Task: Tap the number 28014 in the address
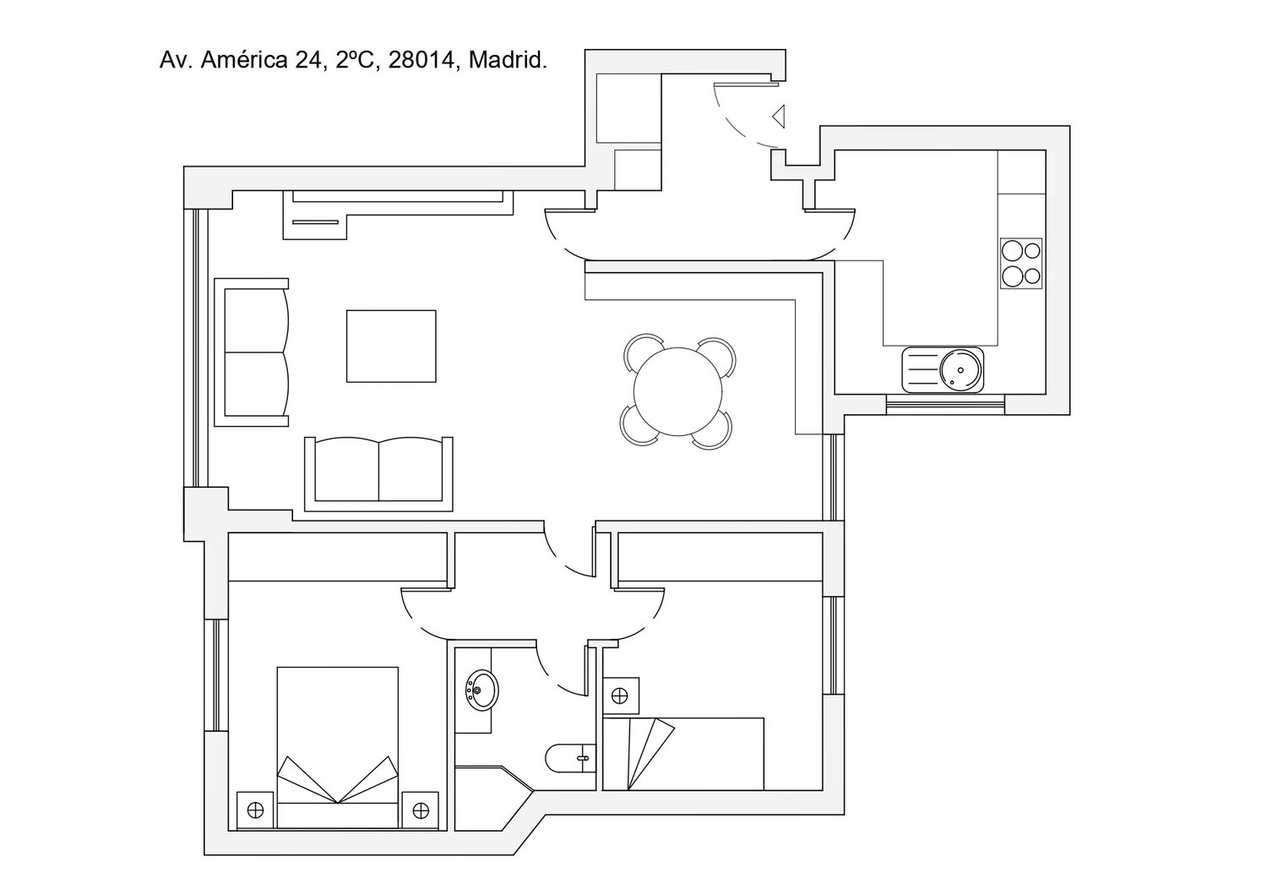pyautogui.click(x=421, y=60)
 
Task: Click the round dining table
pyautogui.click(x=677, y=392)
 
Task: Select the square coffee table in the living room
pyautogui.click(x=391, y=346)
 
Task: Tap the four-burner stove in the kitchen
pyautogui.click(x=1021, y=263)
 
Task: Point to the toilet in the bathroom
pyautogui.click(x=571, y=758)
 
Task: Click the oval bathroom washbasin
pyautogui.click(x=482, y=690)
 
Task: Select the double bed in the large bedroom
pyautogui.click(x=338, y=748)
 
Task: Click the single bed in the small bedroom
pyautogui.click(x=683, y=754)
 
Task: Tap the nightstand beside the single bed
pyautogui.click(x=621, y=696)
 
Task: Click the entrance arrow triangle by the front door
pyautogui.click(x=779, y=117)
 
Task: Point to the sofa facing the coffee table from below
pyautogui.click(x=378, y=474)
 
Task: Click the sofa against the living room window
pyautogui.click(x=252, y=352)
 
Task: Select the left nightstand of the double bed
pyautogui.click(x=255, y=810)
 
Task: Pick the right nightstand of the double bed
pyautogui.click(x=421, y=810)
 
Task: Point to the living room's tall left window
pyautogui.click(x=196, y=347)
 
